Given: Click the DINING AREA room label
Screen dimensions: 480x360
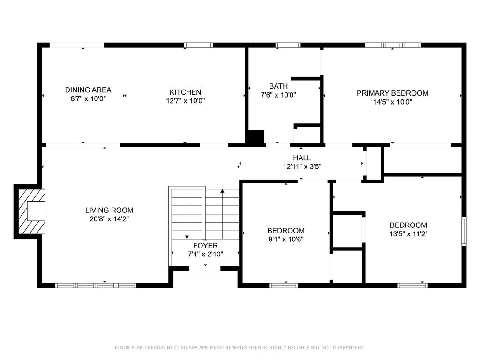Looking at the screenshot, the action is point(88,90).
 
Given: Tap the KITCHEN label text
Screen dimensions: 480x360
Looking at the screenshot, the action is point(185,92).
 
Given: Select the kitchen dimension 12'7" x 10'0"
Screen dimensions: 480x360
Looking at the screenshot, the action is point(185,101).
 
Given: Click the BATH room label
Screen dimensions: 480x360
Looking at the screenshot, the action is point(278,86).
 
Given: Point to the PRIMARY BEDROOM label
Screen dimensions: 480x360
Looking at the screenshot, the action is point(392,93).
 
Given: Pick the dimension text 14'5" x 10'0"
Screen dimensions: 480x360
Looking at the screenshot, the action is point(392,102).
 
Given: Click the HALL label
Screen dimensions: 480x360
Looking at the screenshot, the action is point(302,158).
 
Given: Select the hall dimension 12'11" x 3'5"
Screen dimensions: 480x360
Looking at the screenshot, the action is point(302,166).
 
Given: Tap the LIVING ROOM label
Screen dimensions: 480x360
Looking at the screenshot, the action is point(109,210).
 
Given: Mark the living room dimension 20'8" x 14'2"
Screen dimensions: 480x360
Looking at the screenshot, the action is point(109,219).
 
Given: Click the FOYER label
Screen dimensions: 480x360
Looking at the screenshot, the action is point(205,246).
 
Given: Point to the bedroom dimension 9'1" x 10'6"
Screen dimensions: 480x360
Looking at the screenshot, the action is point(286,239).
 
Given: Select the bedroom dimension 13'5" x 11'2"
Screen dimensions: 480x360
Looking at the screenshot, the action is point(408,234).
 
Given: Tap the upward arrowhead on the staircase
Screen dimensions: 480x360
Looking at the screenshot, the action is point(222,191).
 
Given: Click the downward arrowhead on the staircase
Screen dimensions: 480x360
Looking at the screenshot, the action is point(187,237).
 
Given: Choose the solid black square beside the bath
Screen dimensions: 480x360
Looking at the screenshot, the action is point(255,137).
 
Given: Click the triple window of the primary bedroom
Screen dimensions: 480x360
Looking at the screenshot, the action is point(393,45).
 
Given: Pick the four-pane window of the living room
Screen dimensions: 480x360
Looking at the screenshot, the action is point(96,285).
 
